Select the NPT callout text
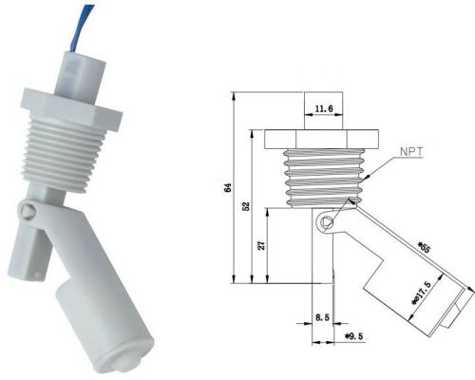(410, 151)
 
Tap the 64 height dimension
(227, 188)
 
